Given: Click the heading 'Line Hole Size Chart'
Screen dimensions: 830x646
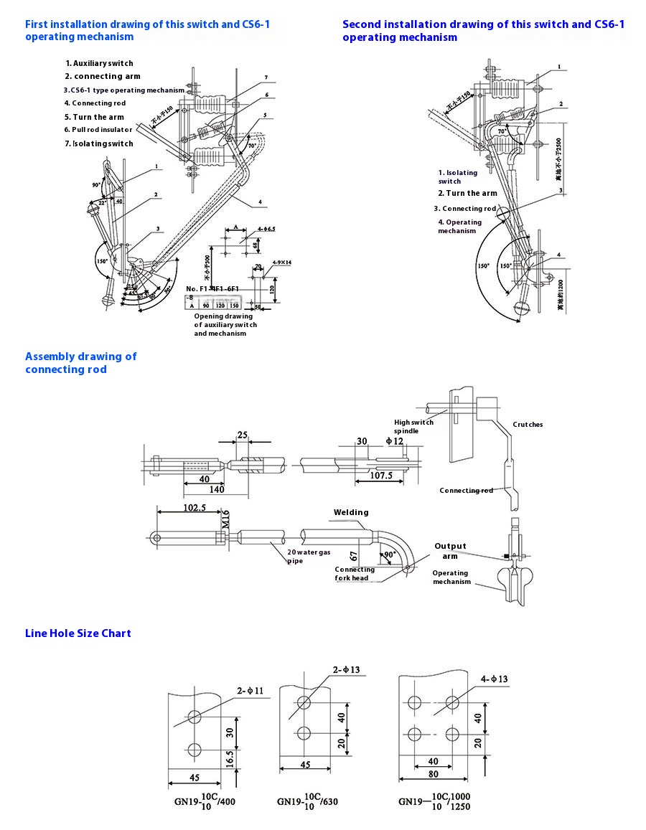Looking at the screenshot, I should (x=78, y=633).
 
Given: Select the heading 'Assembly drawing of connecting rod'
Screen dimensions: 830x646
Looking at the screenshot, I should (x=80, y=363).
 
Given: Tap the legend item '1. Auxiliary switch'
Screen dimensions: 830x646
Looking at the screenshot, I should (x=99, y=63).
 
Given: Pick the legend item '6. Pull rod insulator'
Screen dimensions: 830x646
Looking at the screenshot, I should (x=98, y=130).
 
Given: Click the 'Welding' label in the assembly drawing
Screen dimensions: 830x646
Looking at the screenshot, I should (x=351, y=512).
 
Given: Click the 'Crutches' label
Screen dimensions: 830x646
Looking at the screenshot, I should (x=528, y=425).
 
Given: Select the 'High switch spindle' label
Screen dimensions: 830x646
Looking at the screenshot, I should (x=413, y=427).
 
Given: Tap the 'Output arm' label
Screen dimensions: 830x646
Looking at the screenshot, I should (x=450, y=551).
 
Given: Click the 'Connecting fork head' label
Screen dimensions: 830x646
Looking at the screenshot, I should (x=355, y=574).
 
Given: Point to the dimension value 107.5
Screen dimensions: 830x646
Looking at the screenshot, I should (x=380, y=475).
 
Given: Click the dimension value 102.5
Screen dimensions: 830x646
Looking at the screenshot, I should (x=195, y=507).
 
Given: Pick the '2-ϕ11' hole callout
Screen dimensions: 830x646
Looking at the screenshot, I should (x=251, y=691).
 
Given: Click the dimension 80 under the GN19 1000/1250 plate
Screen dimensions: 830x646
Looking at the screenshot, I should (x=432, y=774).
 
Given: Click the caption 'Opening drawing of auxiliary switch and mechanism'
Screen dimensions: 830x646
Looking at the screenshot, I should (x=225, y=325).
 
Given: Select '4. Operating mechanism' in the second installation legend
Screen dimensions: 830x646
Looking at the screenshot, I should (x=460, y=227).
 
